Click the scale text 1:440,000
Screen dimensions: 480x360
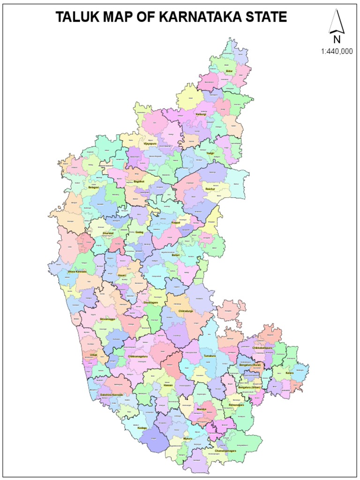(x=337, y=52)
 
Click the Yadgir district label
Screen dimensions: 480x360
(x=210, y=153)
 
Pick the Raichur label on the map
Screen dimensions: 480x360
(x=210, y=188)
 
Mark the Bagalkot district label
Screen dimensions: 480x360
(x=139, y=181)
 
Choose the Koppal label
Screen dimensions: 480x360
(x=176, y=222)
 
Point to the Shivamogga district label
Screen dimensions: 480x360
(x=107, y=319)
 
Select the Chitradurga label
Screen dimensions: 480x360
(x=186, y=311)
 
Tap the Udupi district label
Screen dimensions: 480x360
(x=93, y=355)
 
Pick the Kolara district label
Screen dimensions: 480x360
(x=289, y=373)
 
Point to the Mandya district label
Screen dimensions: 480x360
(x=201, y=409)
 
